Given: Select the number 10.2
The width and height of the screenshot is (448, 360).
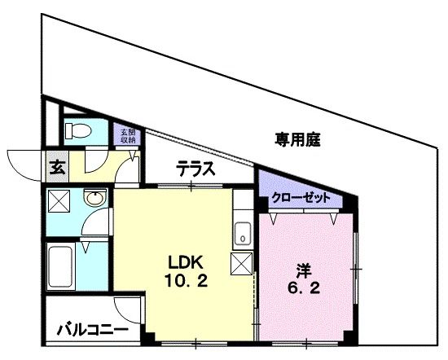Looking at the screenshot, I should point(187,281).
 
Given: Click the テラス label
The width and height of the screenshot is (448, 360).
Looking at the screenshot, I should point(195,170).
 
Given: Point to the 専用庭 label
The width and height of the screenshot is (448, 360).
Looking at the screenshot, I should point(296,139).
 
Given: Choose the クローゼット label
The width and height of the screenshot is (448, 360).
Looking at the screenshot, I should point(301,198).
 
